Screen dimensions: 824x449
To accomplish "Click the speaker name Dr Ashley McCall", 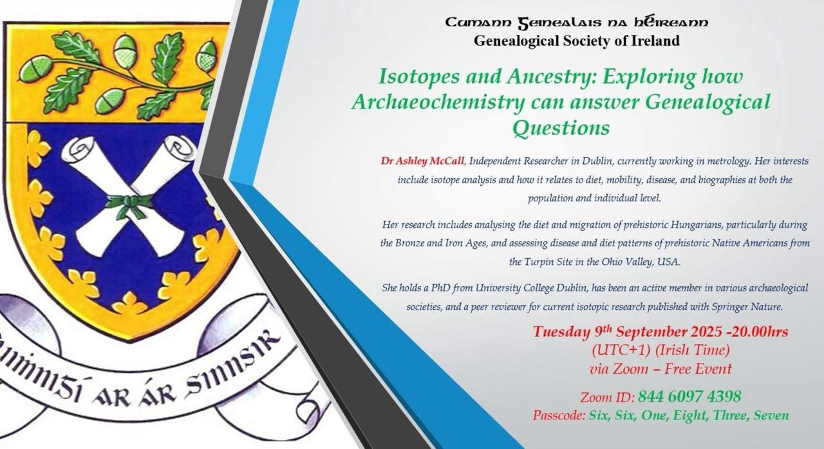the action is click(x=423, y=161).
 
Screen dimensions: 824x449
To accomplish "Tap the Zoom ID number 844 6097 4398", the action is click(x=689, y=396).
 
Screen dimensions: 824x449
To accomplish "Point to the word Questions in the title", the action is click(x=561, y=128).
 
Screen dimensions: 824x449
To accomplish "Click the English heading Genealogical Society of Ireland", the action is click(x=576, y=41).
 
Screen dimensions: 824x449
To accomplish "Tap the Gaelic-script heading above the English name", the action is click(x=576, y=23).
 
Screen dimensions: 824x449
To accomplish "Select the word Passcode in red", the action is click(x=559, y=416).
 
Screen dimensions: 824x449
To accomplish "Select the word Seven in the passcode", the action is click(x=771, y=416).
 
